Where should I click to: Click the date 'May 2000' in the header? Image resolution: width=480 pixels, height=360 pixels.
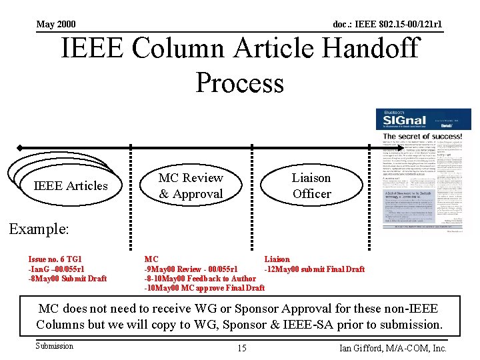[56, 25]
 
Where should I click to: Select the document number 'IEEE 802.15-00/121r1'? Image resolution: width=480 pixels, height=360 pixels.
[387, 25]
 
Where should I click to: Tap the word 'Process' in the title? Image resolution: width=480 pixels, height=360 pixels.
[240, 83]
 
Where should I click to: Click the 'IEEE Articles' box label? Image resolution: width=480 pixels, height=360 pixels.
[70, 186]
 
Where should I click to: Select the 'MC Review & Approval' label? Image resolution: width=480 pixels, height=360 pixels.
[191, 186]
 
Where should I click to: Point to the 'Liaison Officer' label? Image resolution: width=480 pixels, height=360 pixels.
[311, 186]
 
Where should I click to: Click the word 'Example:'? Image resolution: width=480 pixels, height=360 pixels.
[39, 229]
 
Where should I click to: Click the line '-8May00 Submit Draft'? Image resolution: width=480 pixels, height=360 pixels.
[67, 279]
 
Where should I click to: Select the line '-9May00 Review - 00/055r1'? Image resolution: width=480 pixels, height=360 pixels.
[191, 269]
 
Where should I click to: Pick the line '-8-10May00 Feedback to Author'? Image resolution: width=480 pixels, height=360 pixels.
[200, 279]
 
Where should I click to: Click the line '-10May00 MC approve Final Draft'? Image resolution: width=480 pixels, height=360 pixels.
[205, 288]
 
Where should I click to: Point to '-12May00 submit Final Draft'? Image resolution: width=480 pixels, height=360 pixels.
[315, 269]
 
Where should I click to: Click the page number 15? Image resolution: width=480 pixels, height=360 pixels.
[241, 348]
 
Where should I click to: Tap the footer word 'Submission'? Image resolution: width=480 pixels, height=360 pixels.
[55, 345]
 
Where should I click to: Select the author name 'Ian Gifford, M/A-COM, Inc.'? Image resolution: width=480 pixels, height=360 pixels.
[393, 348]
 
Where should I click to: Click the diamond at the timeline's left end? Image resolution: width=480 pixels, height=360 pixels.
[21, 147]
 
